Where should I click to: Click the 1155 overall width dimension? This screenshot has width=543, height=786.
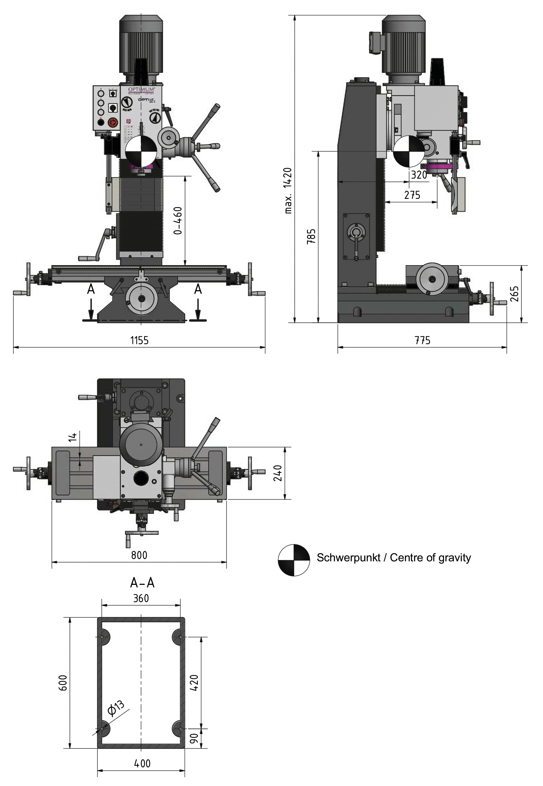tap(139, 340)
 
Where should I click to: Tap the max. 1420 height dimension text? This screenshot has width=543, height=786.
tap(288, 191)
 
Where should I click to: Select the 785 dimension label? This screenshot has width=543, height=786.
tap(311, 236)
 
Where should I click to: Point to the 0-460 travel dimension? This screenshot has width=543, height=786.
tap(178, 221)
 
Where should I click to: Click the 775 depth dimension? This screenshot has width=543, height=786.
tap(422, 340)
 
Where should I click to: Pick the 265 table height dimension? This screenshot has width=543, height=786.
tap(514, 294)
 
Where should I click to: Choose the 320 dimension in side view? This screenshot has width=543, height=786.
tap(419, 175)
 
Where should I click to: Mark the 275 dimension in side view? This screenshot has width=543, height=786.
tap(412, 195)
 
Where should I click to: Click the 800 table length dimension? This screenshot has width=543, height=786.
tap(139, 555)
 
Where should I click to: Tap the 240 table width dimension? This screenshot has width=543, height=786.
tap(278, 473)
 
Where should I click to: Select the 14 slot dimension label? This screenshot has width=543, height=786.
tap(72, 437)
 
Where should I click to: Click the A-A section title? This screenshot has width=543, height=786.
tap(142, 583)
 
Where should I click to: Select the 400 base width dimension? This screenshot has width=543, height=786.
tap(142, 764)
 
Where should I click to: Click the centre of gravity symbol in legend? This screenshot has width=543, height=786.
tap(294, 560)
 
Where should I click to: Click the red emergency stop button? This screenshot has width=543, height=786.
tap(112, 122)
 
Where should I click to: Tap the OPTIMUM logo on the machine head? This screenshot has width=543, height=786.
tap(141, 89)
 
